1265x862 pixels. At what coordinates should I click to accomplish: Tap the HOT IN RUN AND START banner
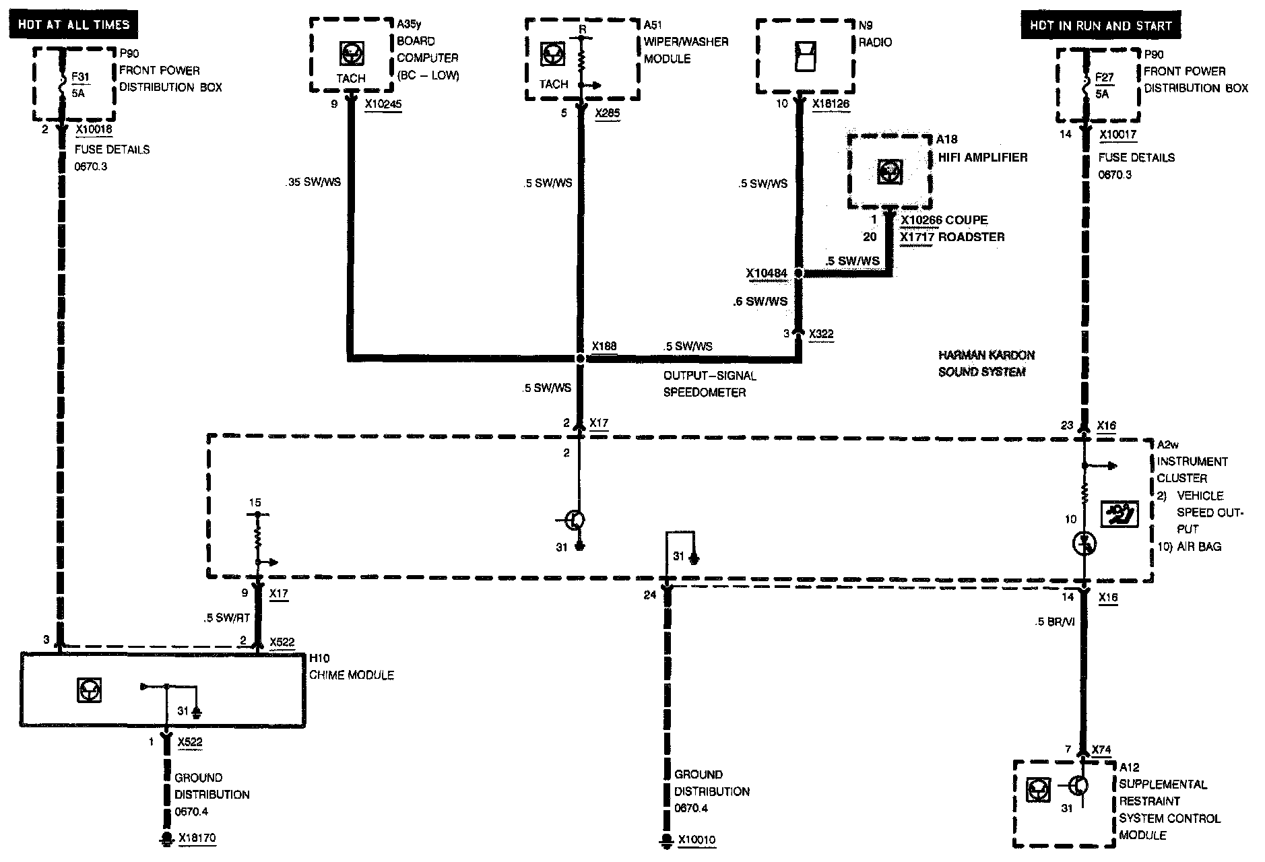[x=1101, y=26]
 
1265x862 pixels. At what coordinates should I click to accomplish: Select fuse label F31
[x=80, y=77]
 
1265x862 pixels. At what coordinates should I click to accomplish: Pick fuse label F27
[x=1104, y=77]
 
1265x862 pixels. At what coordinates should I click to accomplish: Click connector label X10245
[x=383, y=104]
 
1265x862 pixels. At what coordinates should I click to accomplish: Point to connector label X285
[x=608, y=113]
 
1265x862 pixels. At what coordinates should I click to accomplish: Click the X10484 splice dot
[x=798, y=273]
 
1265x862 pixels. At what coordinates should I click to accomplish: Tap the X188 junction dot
[x=580, y=359]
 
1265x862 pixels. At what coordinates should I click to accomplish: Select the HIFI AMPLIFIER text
[x=983, y=157]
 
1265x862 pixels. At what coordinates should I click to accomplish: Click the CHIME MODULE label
[x=352, y=675]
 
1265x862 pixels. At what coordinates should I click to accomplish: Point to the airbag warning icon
[x=1119, y=515]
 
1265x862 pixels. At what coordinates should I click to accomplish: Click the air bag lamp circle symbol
[x=1084, y=543]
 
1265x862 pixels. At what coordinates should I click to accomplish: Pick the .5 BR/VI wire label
[x=1054, y=622]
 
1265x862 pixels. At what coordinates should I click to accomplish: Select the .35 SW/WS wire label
[x=313, y=182]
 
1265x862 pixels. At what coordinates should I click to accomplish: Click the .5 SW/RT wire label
[x=227, y=618]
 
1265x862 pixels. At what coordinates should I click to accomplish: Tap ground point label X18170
[x=197, y=838]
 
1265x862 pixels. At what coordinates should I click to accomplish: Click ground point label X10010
[x=696, y=840]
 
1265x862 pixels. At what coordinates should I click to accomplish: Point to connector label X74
[x=1101, y=750]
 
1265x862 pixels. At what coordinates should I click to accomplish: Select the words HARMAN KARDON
[x=986, y=355]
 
